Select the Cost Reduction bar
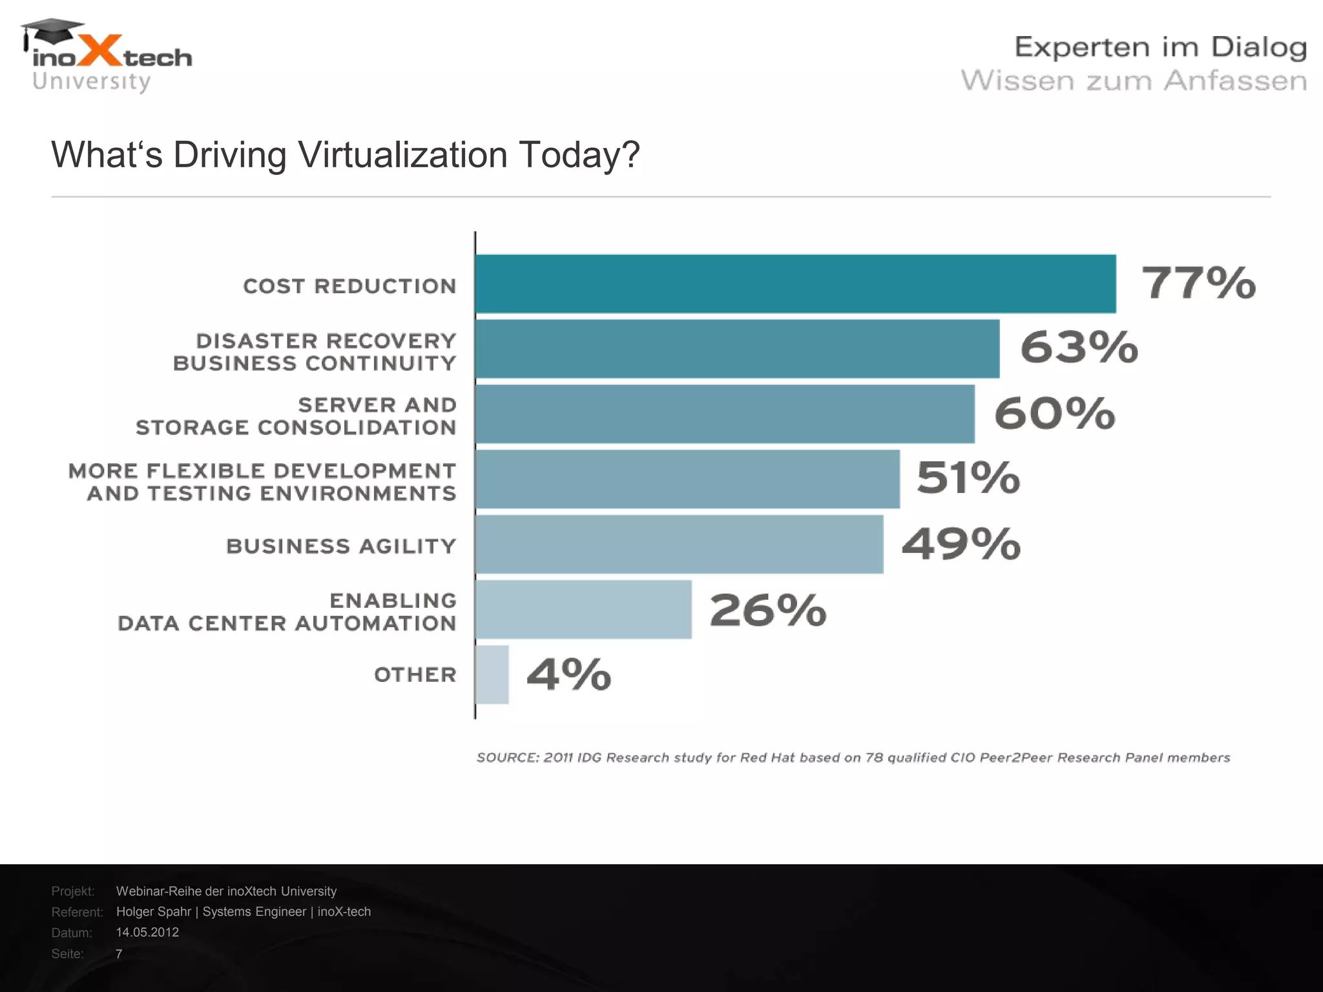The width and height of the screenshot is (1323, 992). coord(795,284)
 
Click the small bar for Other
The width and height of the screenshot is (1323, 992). coord(492,674)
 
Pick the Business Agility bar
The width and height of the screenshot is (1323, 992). coord(678,544)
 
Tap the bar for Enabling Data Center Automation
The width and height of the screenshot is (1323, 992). coord(583,609)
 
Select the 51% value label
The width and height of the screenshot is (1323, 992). coord(968,478)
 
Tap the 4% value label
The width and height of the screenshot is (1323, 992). coord(568,674)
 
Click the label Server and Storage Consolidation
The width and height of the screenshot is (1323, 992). coord(296,416)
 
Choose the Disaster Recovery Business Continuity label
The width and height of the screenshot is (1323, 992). coord(315,352)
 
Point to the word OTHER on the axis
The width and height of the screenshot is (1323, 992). coord(415,675)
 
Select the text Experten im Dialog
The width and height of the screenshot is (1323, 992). coord(1160,47)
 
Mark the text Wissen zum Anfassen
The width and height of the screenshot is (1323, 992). coord(1134,81)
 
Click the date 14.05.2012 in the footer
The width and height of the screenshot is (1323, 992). coord(147,932)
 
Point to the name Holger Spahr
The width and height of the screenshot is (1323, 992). coord(154,911)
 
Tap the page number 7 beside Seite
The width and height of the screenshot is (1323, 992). coord(119,954)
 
